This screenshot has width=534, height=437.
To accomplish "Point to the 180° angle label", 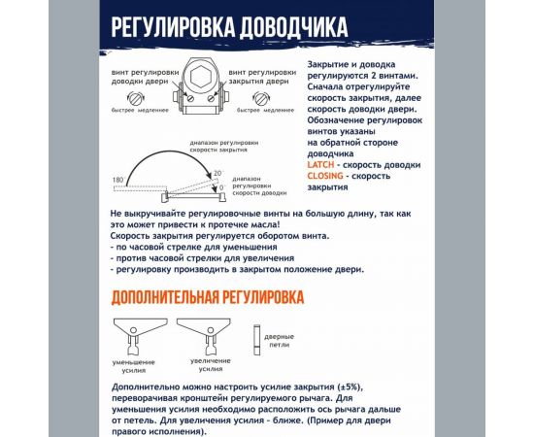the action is tap(118, 182).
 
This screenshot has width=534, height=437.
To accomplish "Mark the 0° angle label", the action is tap(222, 186).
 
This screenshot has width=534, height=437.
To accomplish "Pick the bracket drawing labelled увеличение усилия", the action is tap(207, 335).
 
